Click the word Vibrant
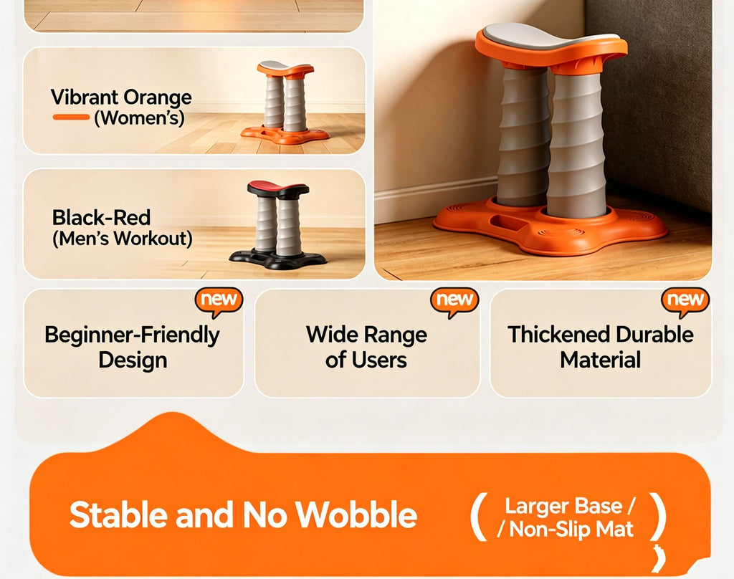pyautogui.click(x=85, y=97)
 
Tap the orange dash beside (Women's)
pyautogui.click(x=71, y=117)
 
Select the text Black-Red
pyautogui.click(x=101, y=218)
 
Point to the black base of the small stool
pyautogui.click(x=277, y=259)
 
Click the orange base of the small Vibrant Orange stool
pyautogui.click(x=285, y=135)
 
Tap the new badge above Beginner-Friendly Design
pyautogui.click(x=219, y=300)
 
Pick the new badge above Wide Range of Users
pyautogui.click(x=454, y=300)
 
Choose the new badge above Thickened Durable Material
pyautogui.click(x=685, y=300)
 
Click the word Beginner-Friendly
pyautogui.click(x=132, y=335)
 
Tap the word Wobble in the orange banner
pyautogui.click(x=356, y=515)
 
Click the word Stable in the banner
pyautogui.click(x=118, y=515)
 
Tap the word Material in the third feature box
pyautogui.click(x=600, y=360)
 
